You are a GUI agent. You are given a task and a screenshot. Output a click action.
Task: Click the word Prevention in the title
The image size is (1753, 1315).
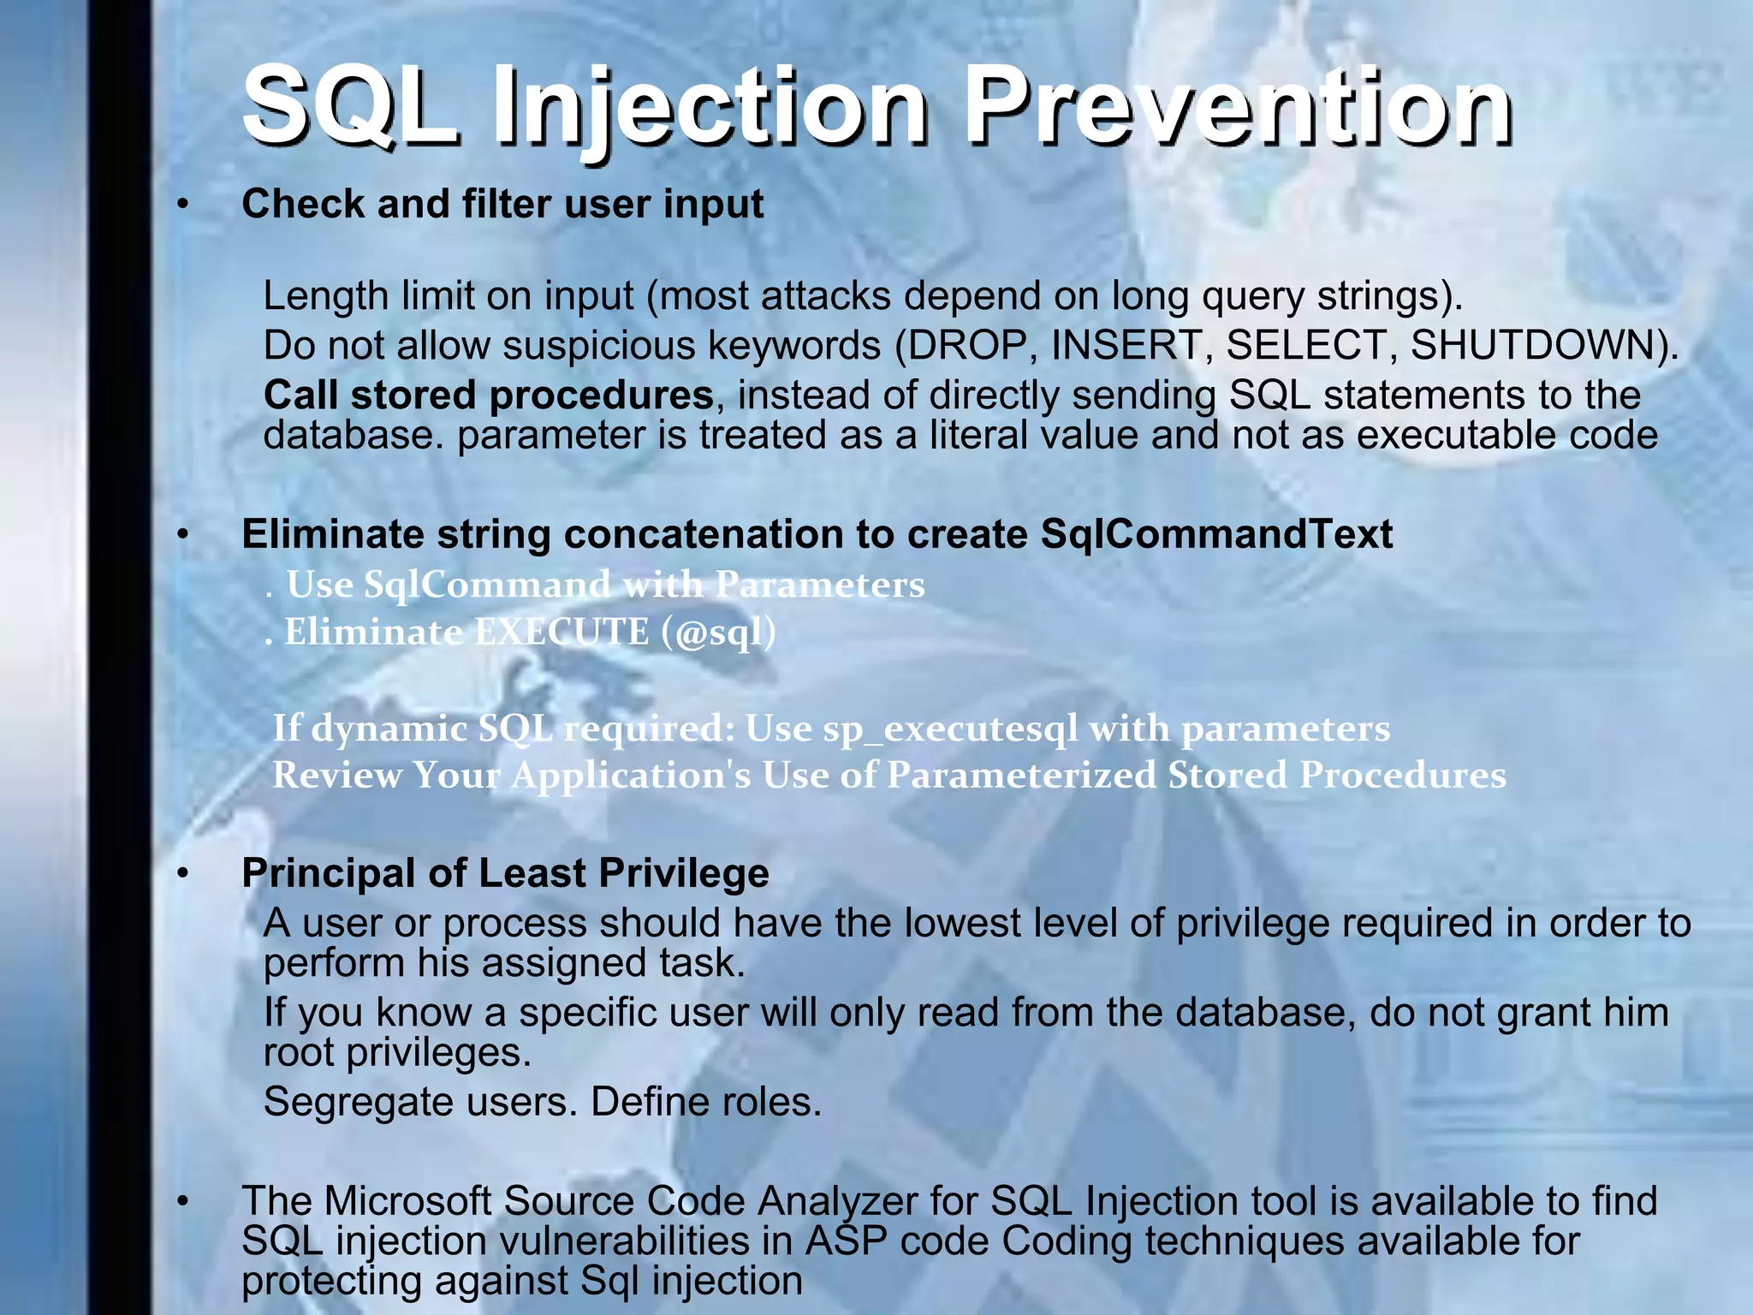tap(1238, 107)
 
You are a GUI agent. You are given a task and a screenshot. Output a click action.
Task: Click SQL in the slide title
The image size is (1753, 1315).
tap(349, 107)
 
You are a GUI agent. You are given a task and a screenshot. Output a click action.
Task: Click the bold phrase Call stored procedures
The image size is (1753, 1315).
tap(488, 396)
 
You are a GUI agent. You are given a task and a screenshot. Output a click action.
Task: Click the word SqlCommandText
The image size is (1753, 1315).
tap(1216, 534)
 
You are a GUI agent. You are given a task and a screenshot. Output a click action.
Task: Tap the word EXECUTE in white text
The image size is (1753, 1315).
tap(562, 633)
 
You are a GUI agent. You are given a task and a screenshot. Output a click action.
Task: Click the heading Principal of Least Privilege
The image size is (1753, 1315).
tap(505, 873)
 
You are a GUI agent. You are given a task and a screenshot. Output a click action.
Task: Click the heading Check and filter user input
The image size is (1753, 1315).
tap(502, 205)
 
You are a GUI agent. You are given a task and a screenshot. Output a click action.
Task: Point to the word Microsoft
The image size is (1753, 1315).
tap(407, 1200)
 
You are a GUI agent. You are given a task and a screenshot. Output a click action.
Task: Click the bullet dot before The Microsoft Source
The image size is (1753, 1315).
tap(182, 1202)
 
